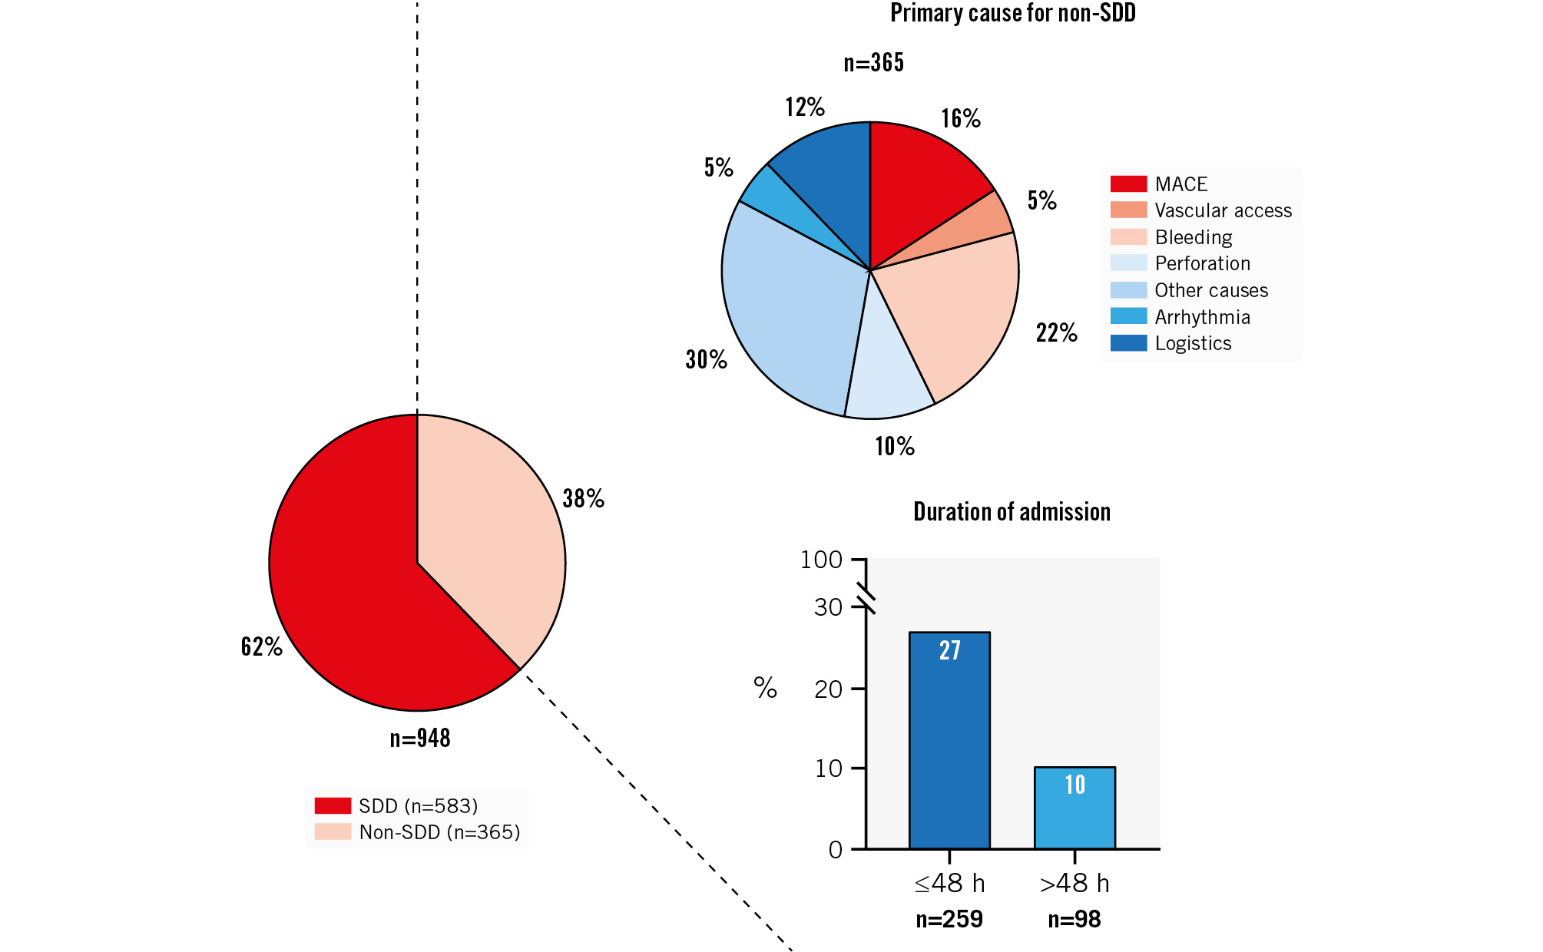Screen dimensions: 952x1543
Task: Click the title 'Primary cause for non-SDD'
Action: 1012,14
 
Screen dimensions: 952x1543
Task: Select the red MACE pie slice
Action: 922,184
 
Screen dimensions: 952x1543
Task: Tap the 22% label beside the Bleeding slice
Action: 1056,333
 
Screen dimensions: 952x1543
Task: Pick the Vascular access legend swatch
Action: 1128,210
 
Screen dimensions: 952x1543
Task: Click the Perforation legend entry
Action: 1202,263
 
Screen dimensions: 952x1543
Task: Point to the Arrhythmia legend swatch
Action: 1128,316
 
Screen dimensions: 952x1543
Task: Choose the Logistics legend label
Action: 1193,343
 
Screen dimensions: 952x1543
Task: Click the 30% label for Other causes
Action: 706,359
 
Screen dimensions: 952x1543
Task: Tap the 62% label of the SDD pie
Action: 261,647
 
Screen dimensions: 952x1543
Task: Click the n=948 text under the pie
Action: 420,739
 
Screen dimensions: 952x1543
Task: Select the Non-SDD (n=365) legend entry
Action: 439,832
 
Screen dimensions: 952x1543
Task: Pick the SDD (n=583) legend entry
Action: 418,806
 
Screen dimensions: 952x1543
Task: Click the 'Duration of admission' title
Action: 1012,512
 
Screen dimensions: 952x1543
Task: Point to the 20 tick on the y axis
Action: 828,689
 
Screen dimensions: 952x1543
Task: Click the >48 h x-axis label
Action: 1074,884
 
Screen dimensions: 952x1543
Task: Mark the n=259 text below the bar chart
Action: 949,920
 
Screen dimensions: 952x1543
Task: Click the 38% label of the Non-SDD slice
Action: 583,499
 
